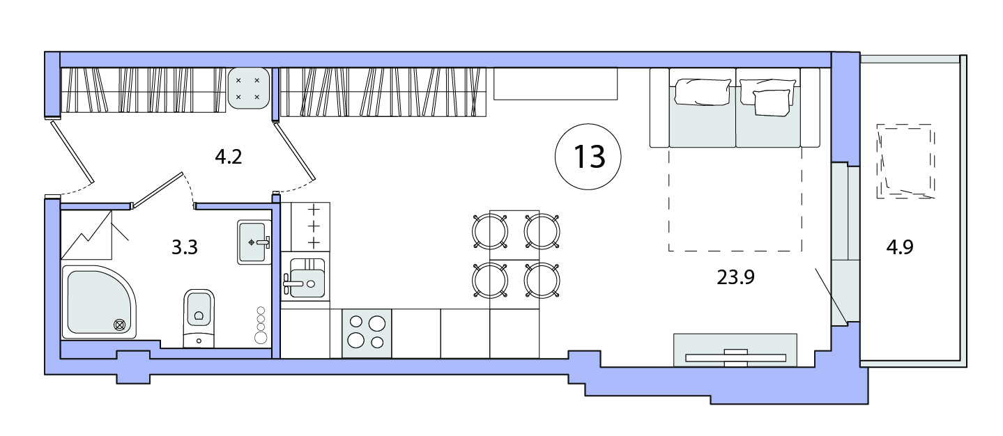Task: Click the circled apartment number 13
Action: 588,157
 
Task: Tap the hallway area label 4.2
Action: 229,157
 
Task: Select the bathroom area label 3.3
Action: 185,247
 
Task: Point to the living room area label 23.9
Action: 735,277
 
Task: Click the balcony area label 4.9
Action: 900,247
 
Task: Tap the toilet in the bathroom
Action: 199,318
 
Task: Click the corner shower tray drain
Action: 120,325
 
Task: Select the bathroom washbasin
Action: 254,242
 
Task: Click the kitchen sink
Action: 305,278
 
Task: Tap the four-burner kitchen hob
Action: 367,333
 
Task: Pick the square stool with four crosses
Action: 247,88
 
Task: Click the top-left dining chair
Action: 490,231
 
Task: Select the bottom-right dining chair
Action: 542,280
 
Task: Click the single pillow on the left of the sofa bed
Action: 702,92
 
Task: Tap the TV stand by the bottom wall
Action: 735,350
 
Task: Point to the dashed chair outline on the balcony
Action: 905,161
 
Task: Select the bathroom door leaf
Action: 157,190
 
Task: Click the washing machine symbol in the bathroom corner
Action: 86,235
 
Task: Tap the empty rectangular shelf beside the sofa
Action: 556,84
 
